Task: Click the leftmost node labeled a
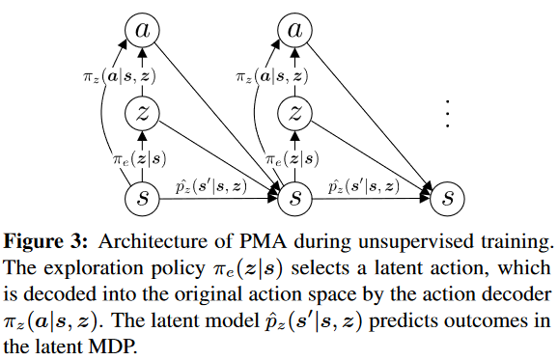pyautogui.click(x=141, y=32)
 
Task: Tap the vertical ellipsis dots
pyautogui.click(x=447, y=115)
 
